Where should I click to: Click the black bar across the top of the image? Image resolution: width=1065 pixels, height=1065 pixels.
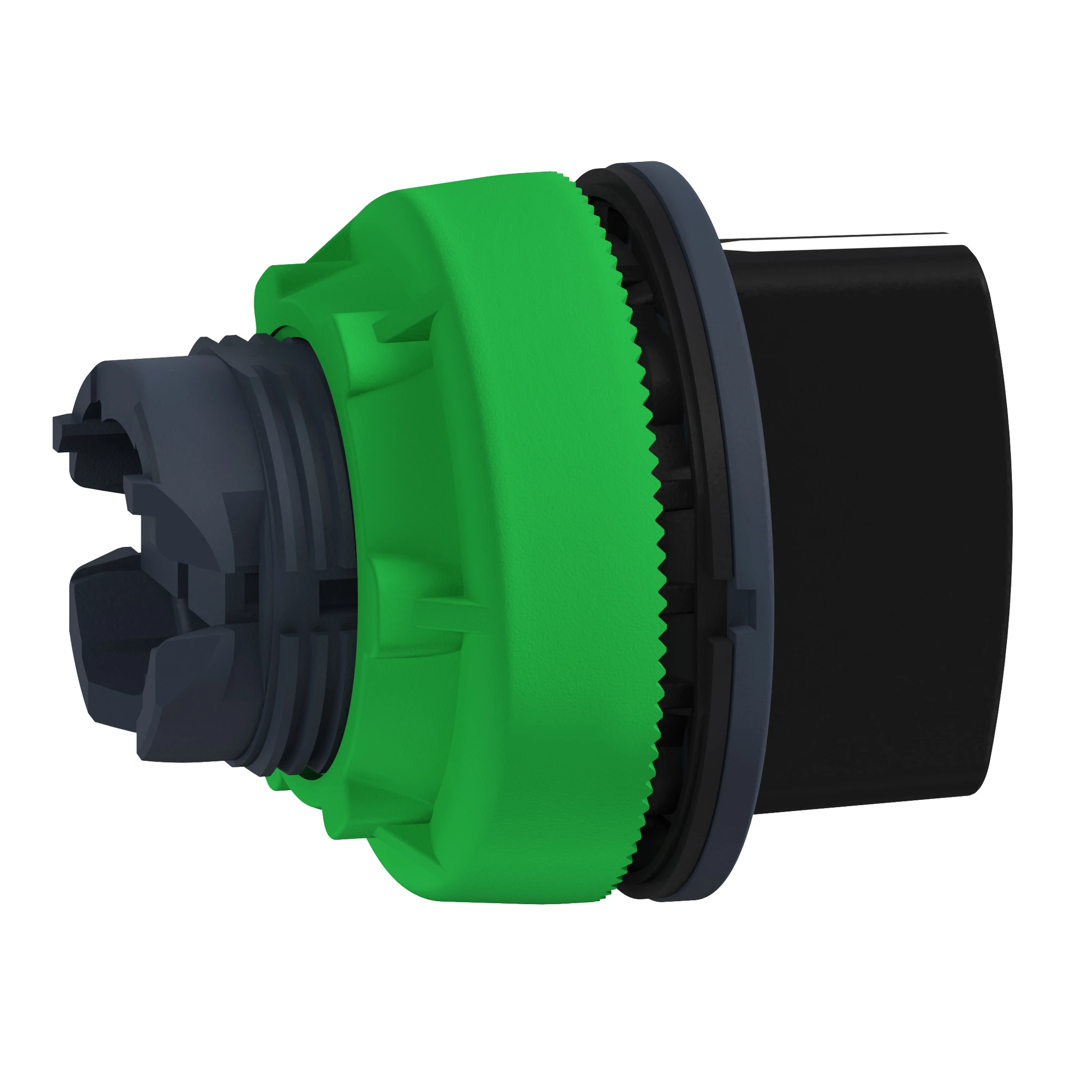532,55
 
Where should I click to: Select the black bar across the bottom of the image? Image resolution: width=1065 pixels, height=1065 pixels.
532,1009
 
